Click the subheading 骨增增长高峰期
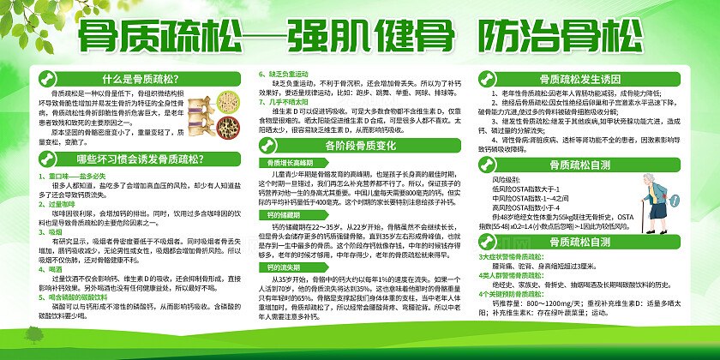[x=287, y=161]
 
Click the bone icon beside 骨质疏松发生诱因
[x=490, y=75]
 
